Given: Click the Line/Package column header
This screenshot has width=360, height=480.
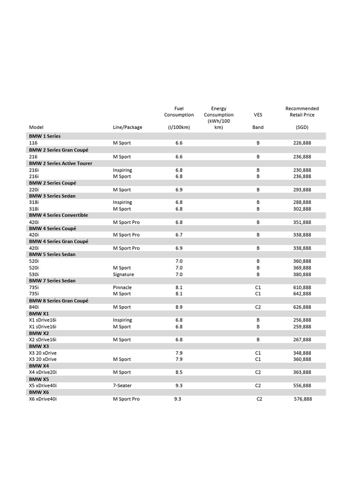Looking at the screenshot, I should (127, 127).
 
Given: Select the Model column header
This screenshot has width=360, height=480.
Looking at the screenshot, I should (36, 127).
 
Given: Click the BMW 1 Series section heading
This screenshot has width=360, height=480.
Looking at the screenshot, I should (45, 136).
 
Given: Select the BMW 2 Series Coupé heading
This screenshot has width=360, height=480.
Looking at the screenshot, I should (52, 183).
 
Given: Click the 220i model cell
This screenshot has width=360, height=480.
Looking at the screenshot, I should (34, 190).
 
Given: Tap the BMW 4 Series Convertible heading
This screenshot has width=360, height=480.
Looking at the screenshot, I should (58, 215).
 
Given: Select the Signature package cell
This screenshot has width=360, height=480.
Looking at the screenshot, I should (123, 274).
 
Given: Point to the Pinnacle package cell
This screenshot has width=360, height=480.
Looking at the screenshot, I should (122, 287).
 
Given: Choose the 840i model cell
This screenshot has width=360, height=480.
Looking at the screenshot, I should (34, 307).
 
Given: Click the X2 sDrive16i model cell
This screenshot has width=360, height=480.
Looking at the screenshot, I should (43, 339).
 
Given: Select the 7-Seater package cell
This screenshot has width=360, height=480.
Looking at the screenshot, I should (122, 385).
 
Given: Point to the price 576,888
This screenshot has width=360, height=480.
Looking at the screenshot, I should (303, 399).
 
